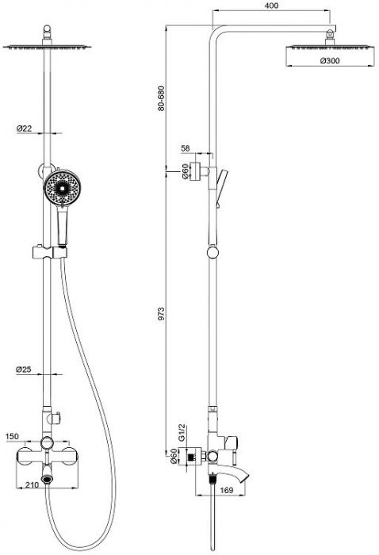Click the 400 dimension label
tap(271, 6)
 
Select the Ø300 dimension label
tap(330, 60)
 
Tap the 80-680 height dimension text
tap(161, 98)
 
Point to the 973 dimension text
tap(161, 314)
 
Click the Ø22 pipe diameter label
tap(24, 128)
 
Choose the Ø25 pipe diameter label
tap(24, 369)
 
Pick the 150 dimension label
tap(13, 436)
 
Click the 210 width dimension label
tap(33, 485)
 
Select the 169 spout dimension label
tap(227, 490)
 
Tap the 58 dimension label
tap(186, 148)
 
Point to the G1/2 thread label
tap(182, 432)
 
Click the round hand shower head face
tap(63, 187)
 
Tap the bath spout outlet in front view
tap(47, 479)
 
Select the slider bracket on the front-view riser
tap(50, 251)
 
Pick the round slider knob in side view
tap(212, 252)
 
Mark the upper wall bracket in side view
tap(199, 171)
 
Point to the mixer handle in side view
tap(231, 442)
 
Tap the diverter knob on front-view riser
tap(56, 418)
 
